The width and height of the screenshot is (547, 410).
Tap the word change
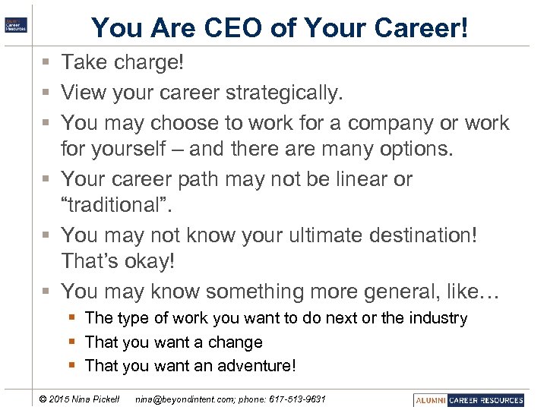pos(235,342)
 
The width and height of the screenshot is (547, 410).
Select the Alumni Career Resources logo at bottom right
pos(469,400)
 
